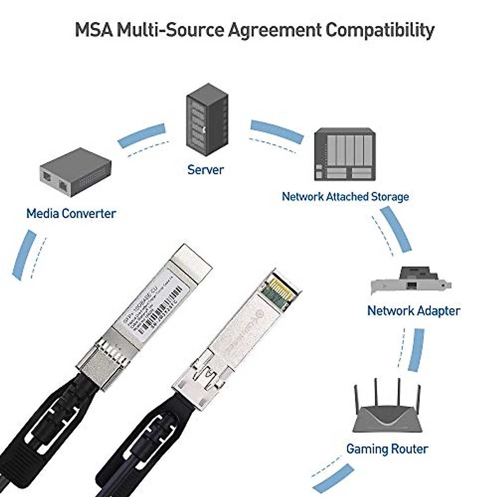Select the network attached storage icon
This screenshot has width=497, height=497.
[x=345, y=154]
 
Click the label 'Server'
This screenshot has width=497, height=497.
[x=205, y=169]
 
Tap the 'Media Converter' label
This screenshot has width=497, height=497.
[x=71, y=214]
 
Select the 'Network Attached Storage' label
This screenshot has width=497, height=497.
[x=345, y=196]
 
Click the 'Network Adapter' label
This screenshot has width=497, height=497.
[x=413, y=311]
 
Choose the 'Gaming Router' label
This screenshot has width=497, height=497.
[x=387, y=449]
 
